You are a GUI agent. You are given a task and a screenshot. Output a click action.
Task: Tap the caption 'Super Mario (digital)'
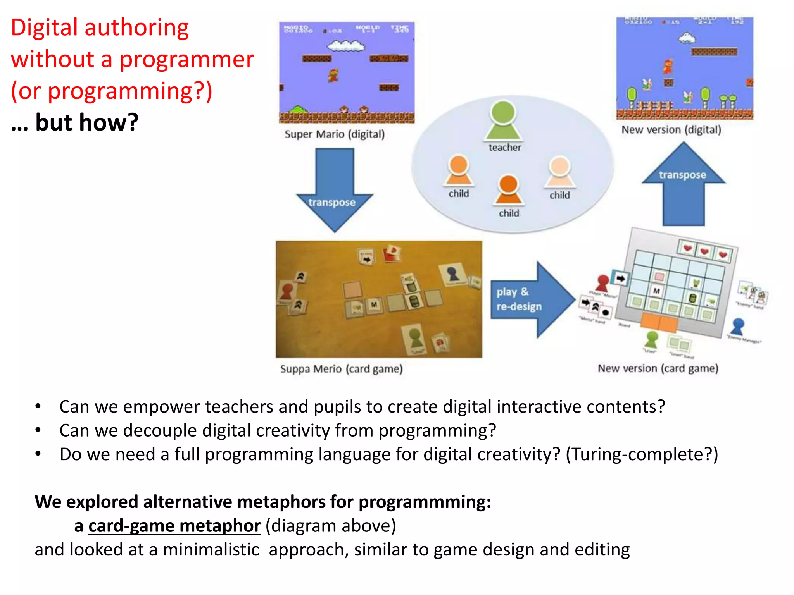point(334,134)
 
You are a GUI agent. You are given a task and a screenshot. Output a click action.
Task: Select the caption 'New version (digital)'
point(671,130)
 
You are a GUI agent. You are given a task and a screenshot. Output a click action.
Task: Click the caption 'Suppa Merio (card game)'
point(341,369)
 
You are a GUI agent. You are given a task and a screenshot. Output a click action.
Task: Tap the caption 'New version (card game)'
point(658,368)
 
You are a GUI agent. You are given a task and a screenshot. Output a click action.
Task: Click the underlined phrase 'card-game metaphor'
point(174,526)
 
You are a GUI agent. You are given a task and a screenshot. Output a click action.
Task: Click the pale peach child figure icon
point(560,172)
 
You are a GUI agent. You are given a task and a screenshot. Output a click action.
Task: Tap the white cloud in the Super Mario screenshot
point(345,46)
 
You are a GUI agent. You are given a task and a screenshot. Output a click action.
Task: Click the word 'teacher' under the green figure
point(505,148)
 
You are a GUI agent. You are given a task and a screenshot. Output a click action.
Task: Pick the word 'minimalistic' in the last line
point(211,550)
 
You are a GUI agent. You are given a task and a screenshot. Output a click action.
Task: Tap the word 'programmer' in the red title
point(186,59)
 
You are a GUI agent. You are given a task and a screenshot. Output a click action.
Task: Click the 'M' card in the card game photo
point(374,304)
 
